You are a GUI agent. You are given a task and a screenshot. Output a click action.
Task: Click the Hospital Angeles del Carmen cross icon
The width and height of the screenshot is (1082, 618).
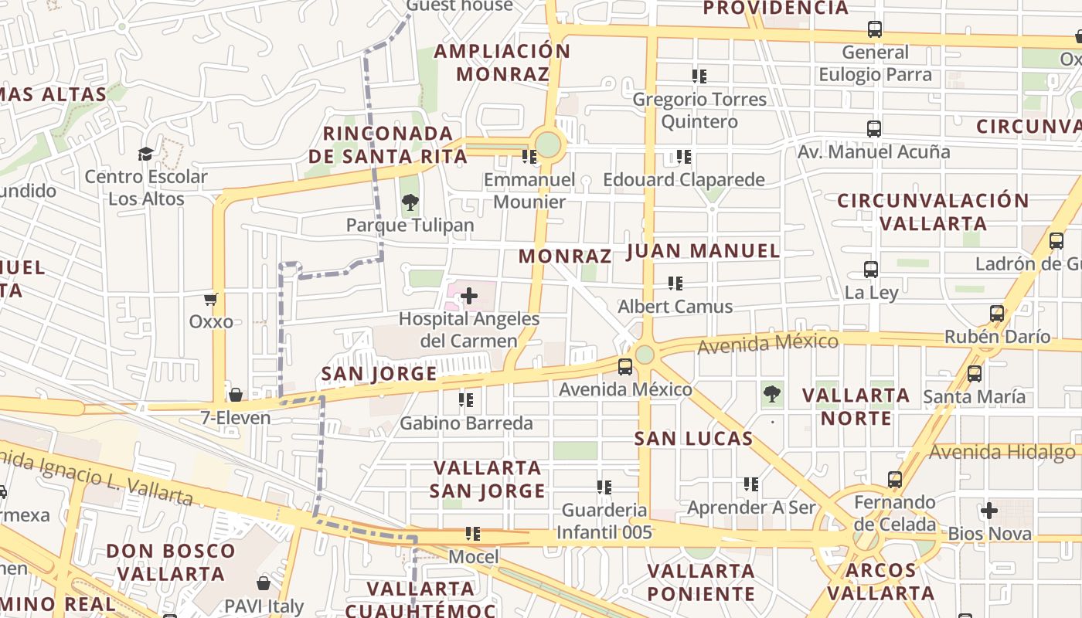click(468, 296)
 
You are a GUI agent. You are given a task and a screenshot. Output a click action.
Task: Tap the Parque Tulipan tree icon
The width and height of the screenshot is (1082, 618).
click(410, 203)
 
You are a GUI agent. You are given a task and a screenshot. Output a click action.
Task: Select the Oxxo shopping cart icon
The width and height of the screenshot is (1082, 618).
click(211, 299)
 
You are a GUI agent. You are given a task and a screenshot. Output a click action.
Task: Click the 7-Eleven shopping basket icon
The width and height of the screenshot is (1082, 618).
click(236, 396)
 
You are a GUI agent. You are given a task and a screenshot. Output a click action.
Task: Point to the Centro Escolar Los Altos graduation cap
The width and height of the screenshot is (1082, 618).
click(145, 154)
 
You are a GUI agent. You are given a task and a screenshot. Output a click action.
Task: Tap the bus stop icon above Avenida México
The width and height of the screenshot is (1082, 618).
click(624, 367)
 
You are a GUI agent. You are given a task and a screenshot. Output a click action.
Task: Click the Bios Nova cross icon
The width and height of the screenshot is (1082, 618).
click(988, 511)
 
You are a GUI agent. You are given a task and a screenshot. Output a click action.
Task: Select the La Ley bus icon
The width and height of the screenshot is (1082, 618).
click(871, 270)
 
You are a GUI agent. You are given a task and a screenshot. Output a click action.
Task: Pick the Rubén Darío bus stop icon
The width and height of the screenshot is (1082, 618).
click(997, 314)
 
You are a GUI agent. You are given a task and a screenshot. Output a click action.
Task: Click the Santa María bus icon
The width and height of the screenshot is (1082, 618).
click(975, 374)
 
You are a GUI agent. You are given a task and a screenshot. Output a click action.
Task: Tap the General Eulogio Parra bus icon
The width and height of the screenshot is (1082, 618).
click(874, 29)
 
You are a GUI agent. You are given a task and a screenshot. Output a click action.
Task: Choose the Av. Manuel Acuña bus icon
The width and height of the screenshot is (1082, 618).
click(874, 129)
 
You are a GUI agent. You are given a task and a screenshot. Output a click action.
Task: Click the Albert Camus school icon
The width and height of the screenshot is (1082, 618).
click(675, 284)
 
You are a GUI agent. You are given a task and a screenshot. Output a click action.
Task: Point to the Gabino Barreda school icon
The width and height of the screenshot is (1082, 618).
click(465, 400)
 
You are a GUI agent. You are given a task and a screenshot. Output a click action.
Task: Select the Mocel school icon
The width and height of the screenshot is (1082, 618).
click(473, 534)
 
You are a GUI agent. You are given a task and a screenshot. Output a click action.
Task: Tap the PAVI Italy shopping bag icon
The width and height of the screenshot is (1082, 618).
click(264, 583)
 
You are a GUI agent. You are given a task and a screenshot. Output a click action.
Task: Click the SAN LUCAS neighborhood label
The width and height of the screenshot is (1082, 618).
click(693, 439)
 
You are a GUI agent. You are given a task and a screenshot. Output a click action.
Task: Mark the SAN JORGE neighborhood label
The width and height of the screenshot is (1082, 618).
click(379, 374)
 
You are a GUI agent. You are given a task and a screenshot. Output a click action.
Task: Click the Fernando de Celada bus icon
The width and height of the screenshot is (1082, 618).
click(895, 480)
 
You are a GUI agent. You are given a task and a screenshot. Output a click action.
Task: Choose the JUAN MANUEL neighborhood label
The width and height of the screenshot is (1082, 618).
click(703, 250)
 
